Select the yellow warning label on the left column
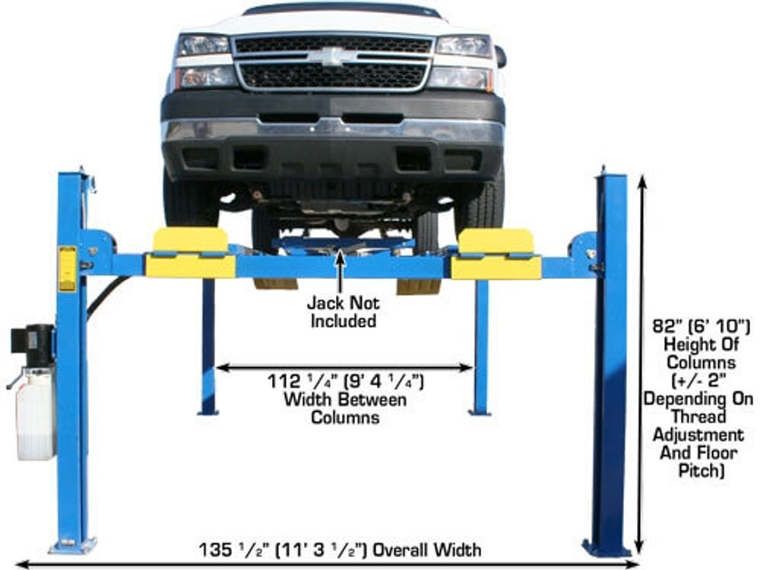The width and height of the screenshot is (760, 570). (68, 268)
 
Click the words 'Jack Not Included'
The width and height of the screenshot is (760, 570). (342, 312)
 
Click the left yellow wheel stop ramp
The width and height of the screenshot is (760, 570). (189, 253)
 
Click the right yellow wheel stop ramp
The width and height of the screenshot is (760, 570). (496, 254)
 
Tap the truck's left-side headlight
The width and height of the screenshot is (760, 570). (201, 46)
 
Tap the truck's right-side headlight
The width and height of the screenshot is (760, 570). (464, 46)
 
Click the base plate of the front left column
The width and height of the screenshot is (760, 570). (73, 545)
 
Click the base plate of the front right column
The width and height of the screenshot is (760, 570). (606, 547)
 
